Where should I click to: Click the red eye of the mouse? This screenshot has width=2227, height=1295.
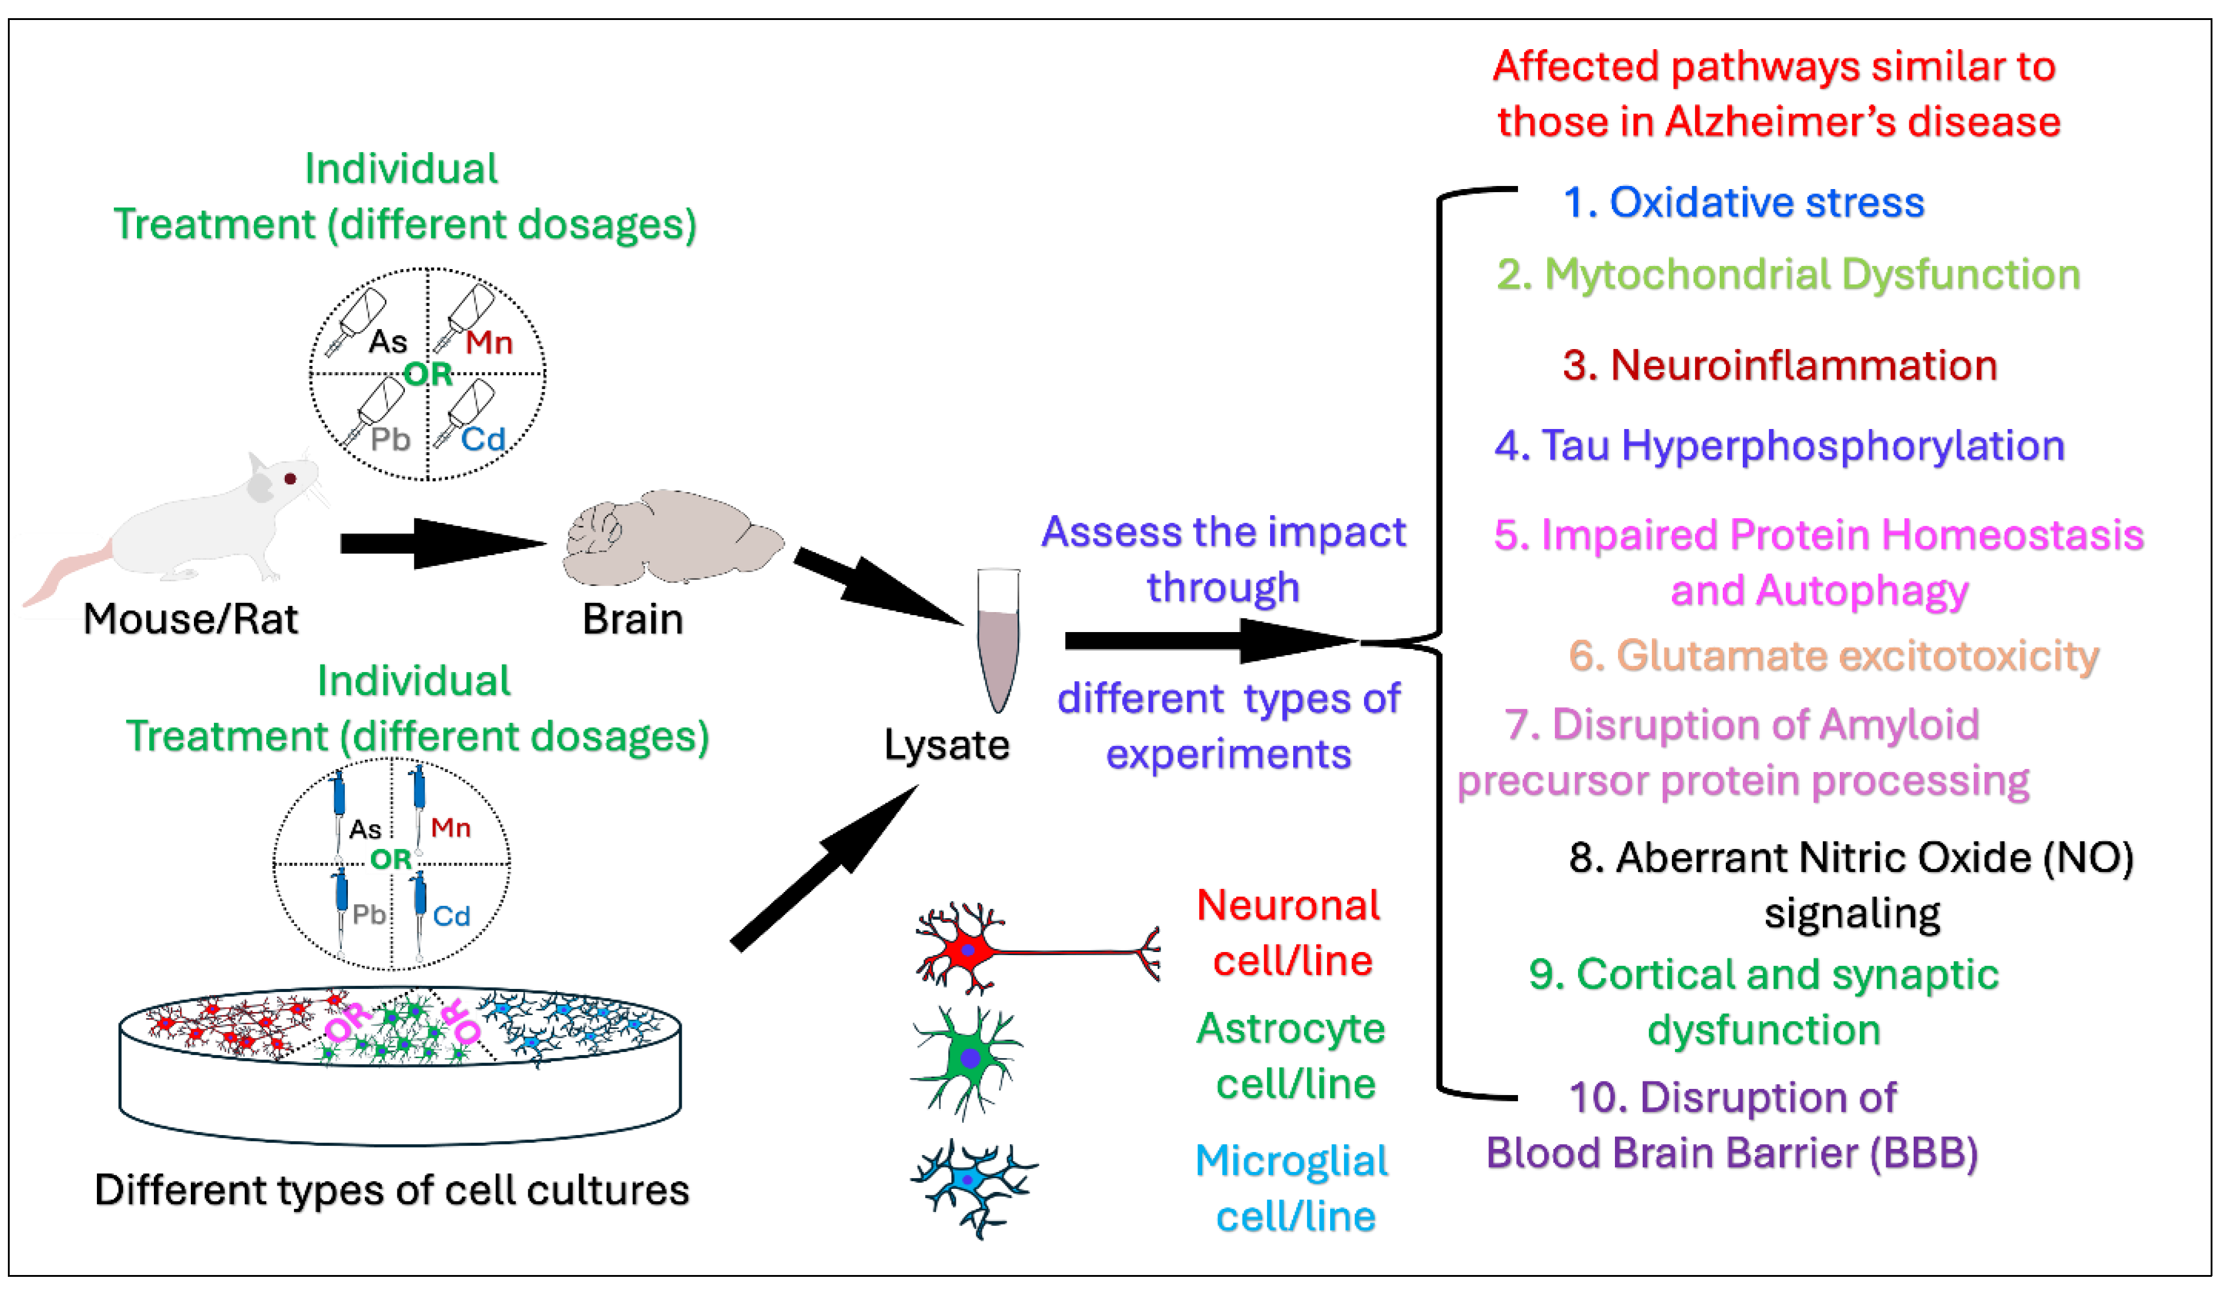[x=290, y=479]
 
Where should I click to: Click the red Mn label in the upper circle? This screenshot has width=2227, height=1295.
[x=488, y=342]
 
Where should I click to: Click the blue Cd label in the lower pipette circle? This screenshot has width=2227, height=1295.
[x=451, y=916]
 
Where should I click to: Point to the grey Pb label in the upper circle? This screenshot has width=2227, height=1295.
[x=390, y=439]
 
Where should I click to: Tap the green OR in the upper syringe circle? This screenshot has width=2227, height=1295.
[x=428, y=375]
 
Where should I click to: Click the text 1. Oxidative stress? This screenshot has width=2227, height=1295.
[x=1743, y=202]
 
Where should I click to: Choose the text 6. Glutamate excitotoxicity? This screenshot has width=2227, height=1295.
[x=1833, y=656]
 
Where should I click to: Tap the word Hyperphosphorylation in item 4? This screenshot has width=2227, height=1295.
[x=1843, y=445]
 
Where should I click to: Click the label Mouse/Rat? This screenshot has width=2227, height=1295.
[x=190, y=619]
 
